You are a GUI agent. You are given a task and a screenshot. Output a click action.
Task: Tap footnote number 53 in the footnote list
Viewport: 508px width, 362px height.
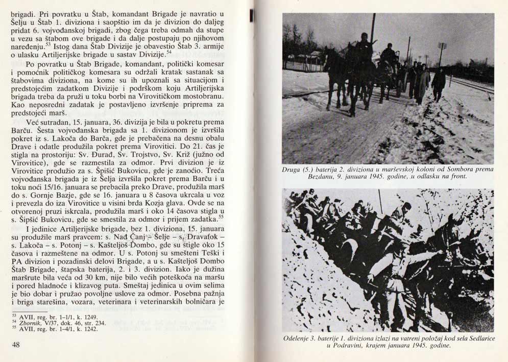14,316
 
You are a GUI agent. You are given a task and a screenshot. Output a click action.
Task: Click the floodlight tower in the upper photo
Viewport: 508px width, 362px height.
442,47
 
